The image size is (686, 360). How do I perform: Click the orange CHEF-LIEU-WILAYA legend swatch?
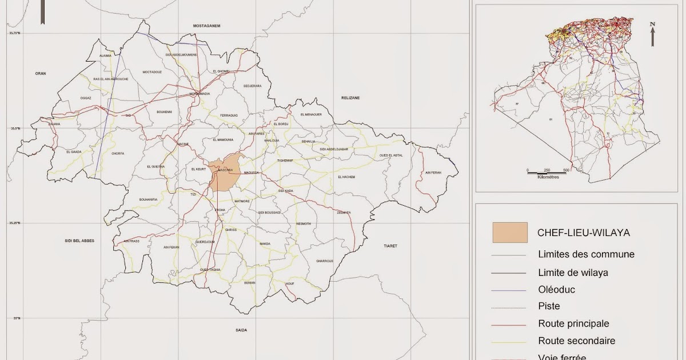pos(509,233)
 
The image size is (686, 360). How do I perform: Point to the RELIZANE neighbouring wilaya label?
pos(350,98)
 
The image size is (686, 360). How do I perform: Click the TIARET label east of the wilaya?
pos(390,245)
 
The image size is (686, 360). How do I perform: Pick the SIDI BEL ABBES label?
pos(79,241)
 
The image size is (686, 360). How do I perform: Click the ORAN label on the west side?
pos(40,73)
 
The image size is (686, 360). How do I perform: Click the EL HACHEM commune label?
pos(346,177)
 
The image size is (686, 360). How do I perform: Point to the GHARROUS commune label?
pos(324,261)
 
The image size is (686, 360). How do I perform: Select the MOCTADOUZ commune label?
pos(152,72)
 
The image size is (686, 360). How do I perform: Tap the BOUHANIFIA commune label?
pos(148,199)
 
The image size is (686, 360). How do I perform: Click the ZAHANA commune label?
pos(54,123)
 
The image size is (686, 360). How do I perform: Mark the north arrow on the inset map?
pos(652,34)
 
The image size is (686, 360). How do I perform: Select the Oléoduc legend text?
pos(556,289)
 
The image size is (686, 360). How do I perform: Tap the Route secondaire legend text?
pos(576,341)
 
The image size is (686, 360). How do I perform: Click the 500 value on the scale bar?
pos(567,170)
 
